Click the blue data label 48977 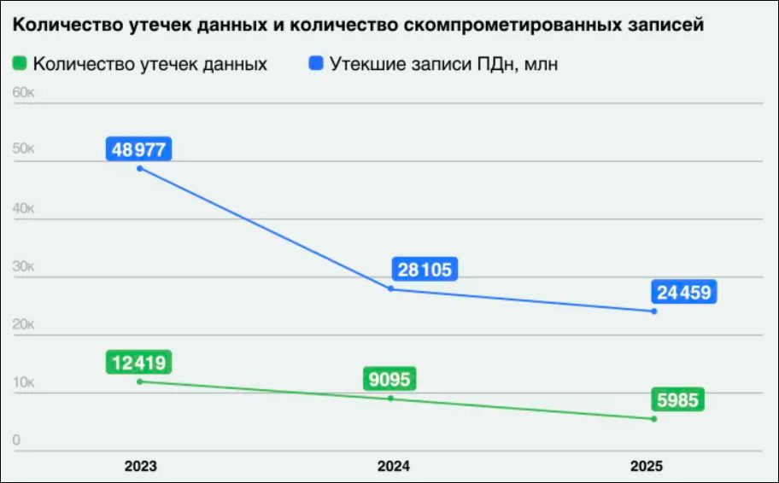coord(139,149)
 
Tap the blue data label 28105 coord(425,270)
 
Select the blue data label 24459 coord(683,293)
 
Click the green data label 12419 coord(139,363)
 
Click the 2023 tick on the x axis coord(140,467)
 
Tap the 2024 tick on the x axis coord(393,467)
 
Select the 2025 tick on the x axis coord(647,467)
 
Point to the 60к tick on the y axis coord(23,91)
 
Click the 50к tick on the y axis coord(23,149)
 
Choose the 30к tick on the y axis coord(23,265)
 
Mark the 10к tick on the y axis coord(23,381)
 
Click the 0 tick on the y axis coord(17,439)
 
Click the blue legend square coord(316,63)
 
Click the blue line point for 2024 coord(391,288)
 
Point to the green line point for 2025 coord(653,419)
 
